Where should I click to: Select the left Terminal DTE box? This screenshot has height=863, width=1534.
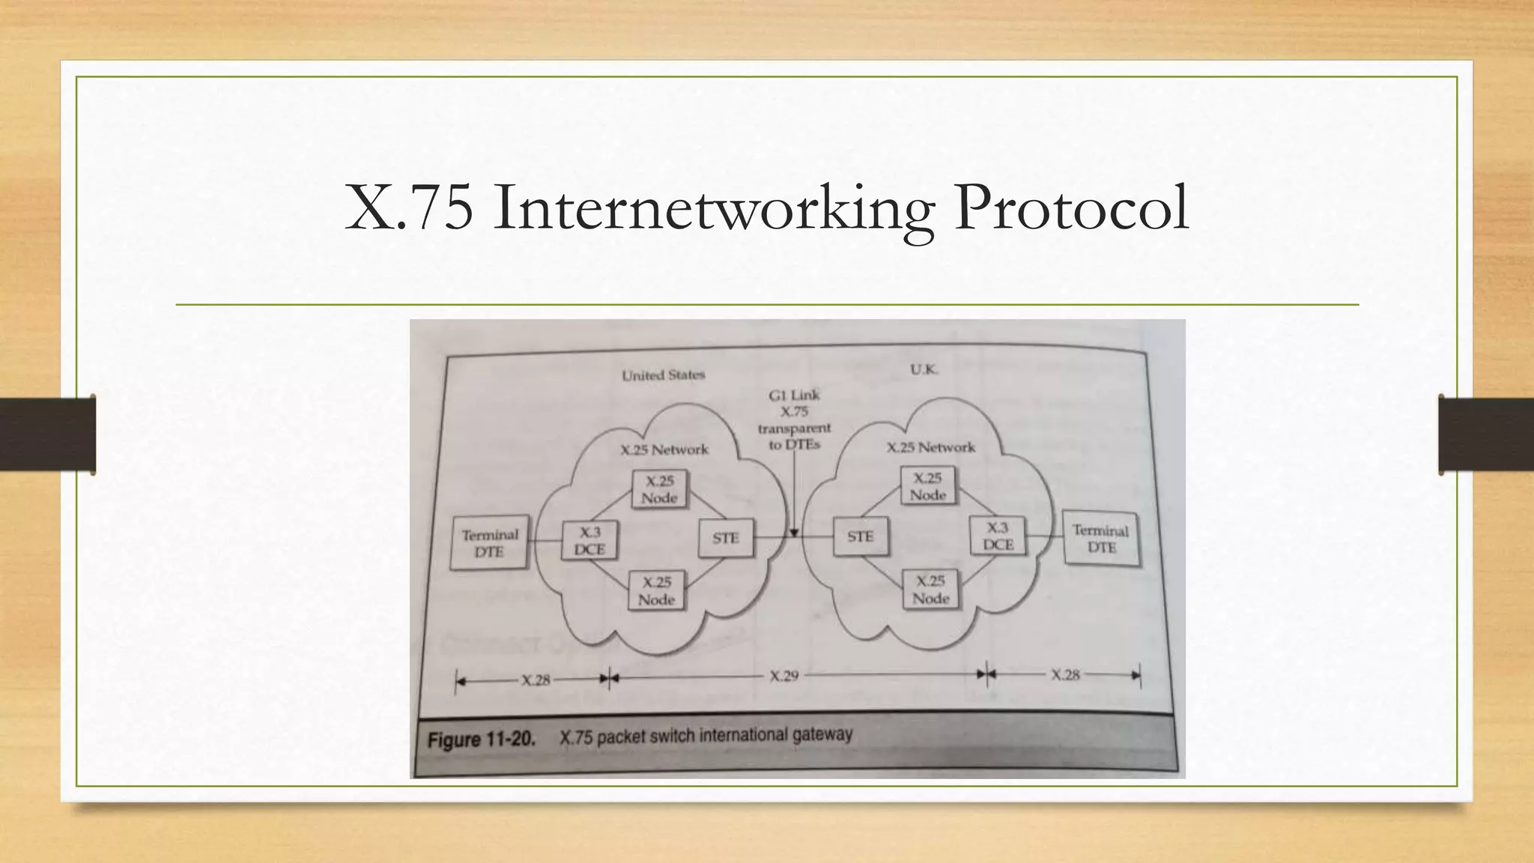pyautogui.click(x=490, y=543)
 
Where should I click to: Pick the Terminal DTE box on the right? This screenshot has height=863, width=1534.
pyautogui.click(x=1101, y=539)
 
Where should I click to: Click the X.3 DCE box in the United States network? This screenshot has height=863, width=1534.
pyautogui.click(x=589, y=540)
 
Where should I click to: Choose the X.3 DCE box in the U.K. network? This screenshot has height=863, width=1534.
pyautogui.click(x=997, y=536)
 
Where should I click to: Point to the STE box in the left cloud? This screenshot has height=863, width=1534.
pyautogui.click(x=725, y=538)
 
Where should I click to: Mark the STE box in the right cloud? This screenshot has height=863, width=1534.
pyautogui.click(x=861, y=536)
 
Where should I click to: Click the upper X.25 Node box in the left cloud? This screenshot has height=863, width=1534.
pyautogui.click(x=659, y=489)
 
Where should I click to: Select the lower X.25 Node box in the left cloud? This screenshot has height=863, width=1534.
pyautogui.click(x=657, y=591)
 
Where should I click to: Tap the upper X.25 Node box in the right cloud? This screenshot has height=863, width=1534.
pyautogui.click(x=928, y=486)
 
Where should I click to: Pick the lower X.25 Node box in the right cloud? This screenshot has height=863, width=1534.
pyautogui.click(x=930, y=590)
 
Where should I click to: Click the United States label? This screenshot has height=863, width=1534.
pyautogui.click(x=663, y=375)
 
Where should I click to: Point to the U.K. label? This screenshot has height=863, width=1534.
pyautogui.click(x=924, y=369)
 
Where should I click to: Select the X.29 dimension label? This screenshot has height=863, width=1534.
pyautogui.click(x=783, y=676)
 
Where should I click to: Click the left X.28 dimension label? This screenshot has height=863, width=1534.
pyautogui.click(x=536, y=680)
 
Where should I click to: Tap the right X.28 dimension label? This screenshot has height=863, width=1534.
pyautogui.click(x=1064, y=675)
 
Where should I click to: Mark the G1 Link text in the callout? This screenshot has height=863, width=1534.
pyautogui.click(x=794, y=395)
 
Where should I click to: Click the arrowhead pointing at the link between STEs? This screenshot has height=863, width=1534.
pyautogui.click(x=794, y=533)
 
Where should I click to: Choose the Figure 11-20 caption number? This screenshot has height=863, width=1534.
pyautogui.click(x=481, y=740)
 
